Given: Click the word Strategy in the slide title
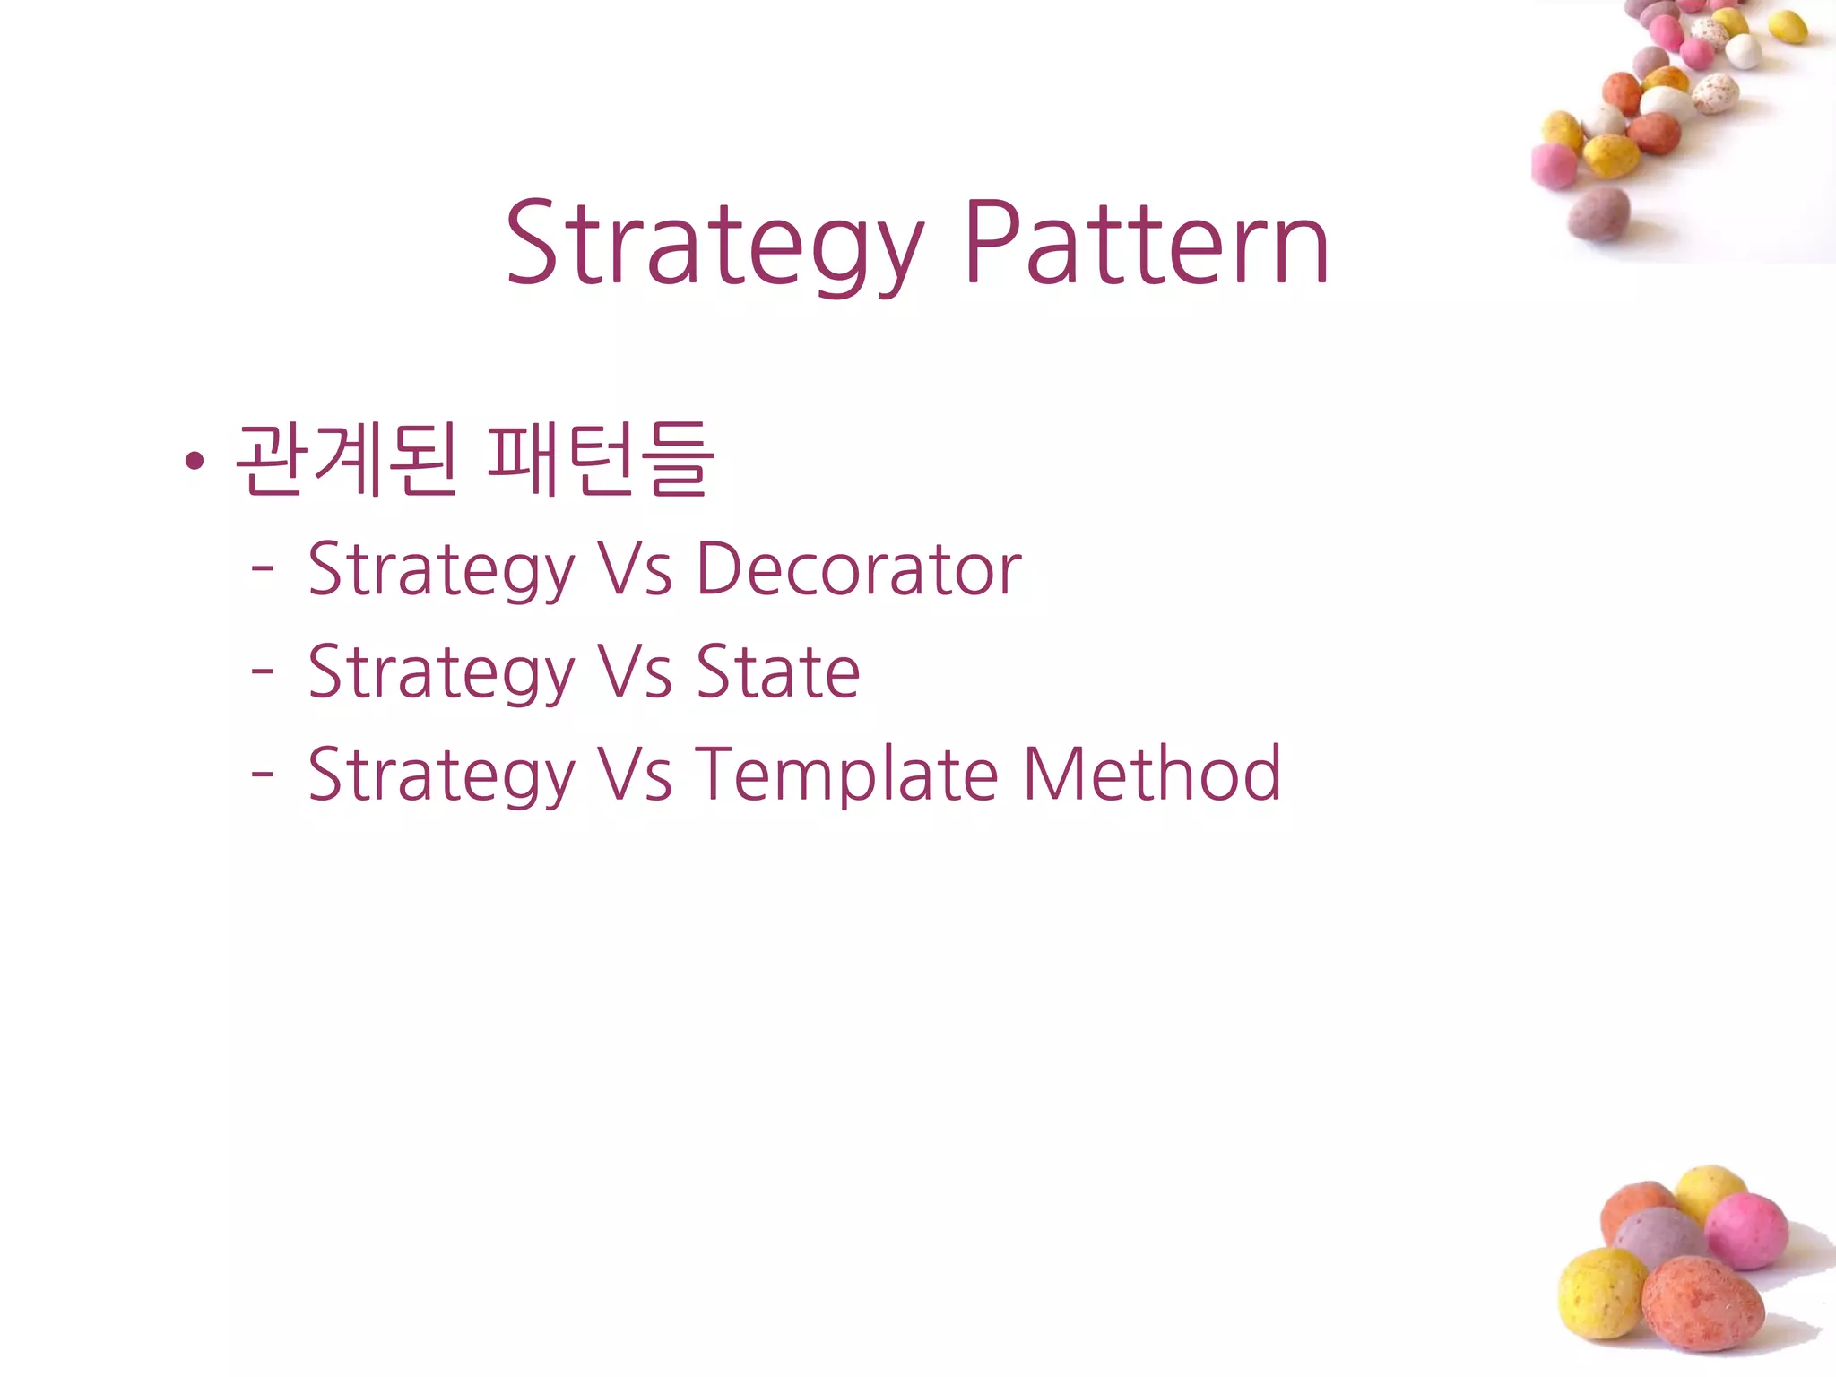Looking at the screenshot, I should (714, 244).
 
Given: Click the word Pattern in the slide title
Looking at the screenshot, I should (1147, 244).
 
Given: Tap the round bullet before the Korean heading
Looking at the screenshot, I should (194, 462).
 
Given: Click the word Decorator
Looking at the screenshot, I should (859, 569).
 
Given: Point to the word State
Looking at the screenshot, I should (778, 671).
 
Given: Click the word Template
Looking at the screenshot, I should (847, 775).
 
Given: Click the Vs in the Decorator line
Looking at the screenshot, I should (635, 569).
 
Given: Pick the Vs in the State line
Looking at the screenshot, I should (635, 671).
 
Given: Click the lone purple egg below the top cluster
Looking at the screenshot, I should (1599, 213).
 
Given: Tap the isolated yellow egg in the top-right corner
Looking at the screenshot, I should (1787, 27).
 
